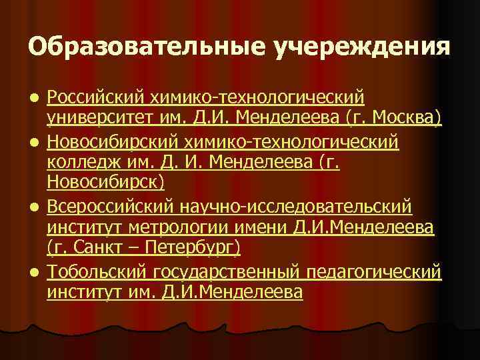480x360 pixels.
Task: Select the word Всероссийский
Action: pyautogui.click(x=110, y=205)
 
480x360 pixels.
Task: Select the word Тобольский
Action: pyautogui.click(x=96, y=271)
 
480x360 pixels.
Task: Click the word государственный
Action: pyautogui.click(x=227, y=271)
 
